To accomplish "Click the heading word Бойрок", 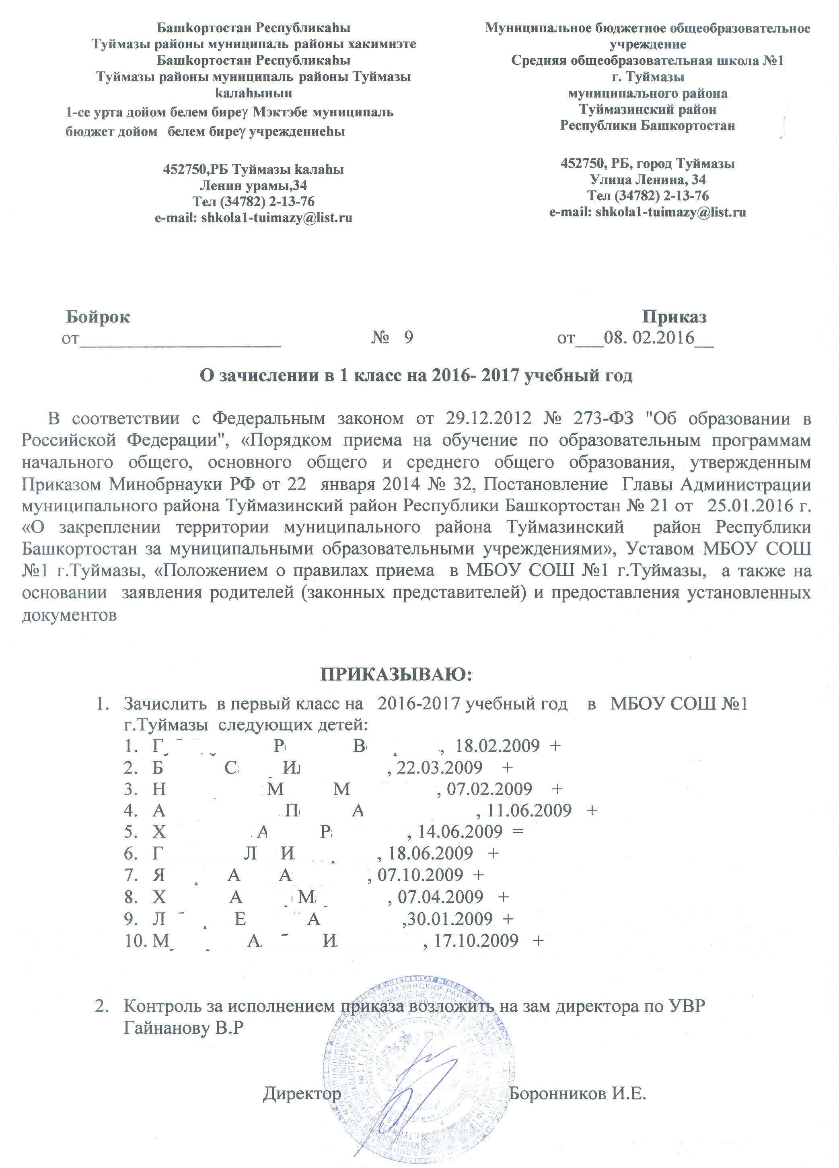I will (x=98, y=317).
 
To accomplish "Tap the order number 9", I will (x=408, y=337).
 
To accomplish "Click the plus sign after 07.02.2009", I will (x=557, y=788).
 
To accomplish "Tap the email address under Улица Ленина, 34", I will (x=648, y=211).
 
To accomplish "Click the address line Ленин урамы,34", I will (x=253, y=185).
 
